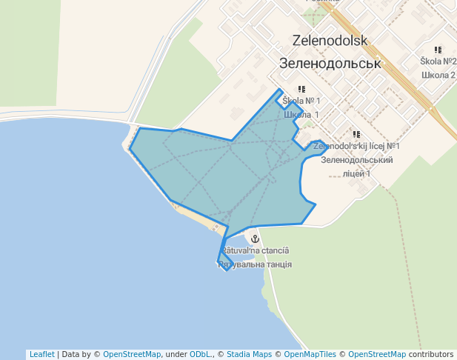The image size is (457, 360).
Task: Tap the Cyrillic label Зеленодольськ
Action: pos(330,63)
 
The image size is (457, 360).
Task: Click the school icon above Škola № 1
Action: pos(301,89)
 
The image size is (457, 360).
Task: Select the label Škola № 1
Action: pos(301,101)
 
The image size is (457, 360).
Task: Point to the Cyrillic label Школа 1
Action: pos(301,114)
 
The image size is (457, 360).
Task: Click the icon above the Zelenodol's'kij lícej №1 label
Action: pos(356,135)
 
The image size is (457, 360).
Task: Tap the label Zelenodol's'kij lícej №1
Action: pos(356,147)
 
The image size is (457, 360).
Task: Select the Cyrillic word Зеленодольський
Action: pos(356,159)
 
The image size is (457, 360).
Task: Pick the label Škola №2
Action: pos(438,61)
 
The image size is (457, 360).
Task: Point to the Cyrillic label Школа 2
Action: pos(438,75)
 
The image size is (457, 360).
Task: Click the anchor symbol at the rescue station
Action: pos(255,239)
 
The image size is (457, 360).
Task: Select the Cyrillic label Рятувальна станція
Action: pos(256,264)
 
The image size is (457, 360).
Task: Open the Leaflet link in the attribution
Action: pos(41,354)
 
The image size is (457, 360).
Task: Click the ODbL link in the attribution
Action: pos(201,354)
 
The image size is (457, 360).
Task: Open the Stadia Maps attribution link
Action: pos(249,354)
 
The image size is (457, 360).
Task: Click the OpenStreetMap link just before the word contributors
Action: pos(376,354)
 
